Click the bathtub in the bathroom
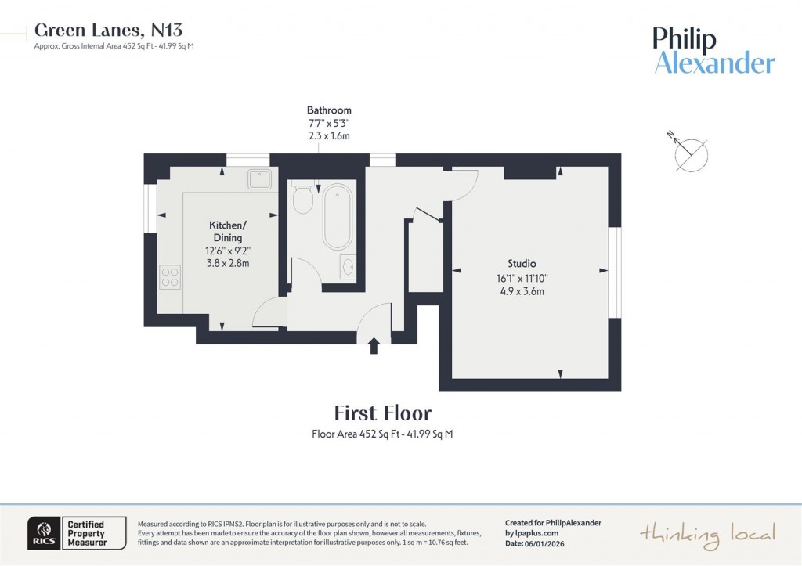coord(338,216)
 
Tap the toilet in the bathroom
coord(302,200)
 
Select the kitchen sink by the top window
coord(259,179)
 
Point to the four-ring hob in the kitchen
coord(170,276)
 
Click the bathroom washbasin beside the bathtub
coord(347,267)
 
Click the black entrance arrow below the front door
coord(374,345)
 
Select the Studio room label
coord(521,263)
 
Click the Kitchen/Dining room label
coord(228,231)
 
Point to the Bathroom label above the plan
coord(329,110)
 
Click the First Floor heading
coord(382,413)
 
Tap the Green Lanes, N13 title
coord(109,31)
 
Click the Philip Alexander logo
coord(713,51)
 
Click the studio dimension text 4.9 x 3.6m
coord(521,291)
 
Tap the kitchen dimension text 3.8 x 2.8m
coord(227,264)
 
